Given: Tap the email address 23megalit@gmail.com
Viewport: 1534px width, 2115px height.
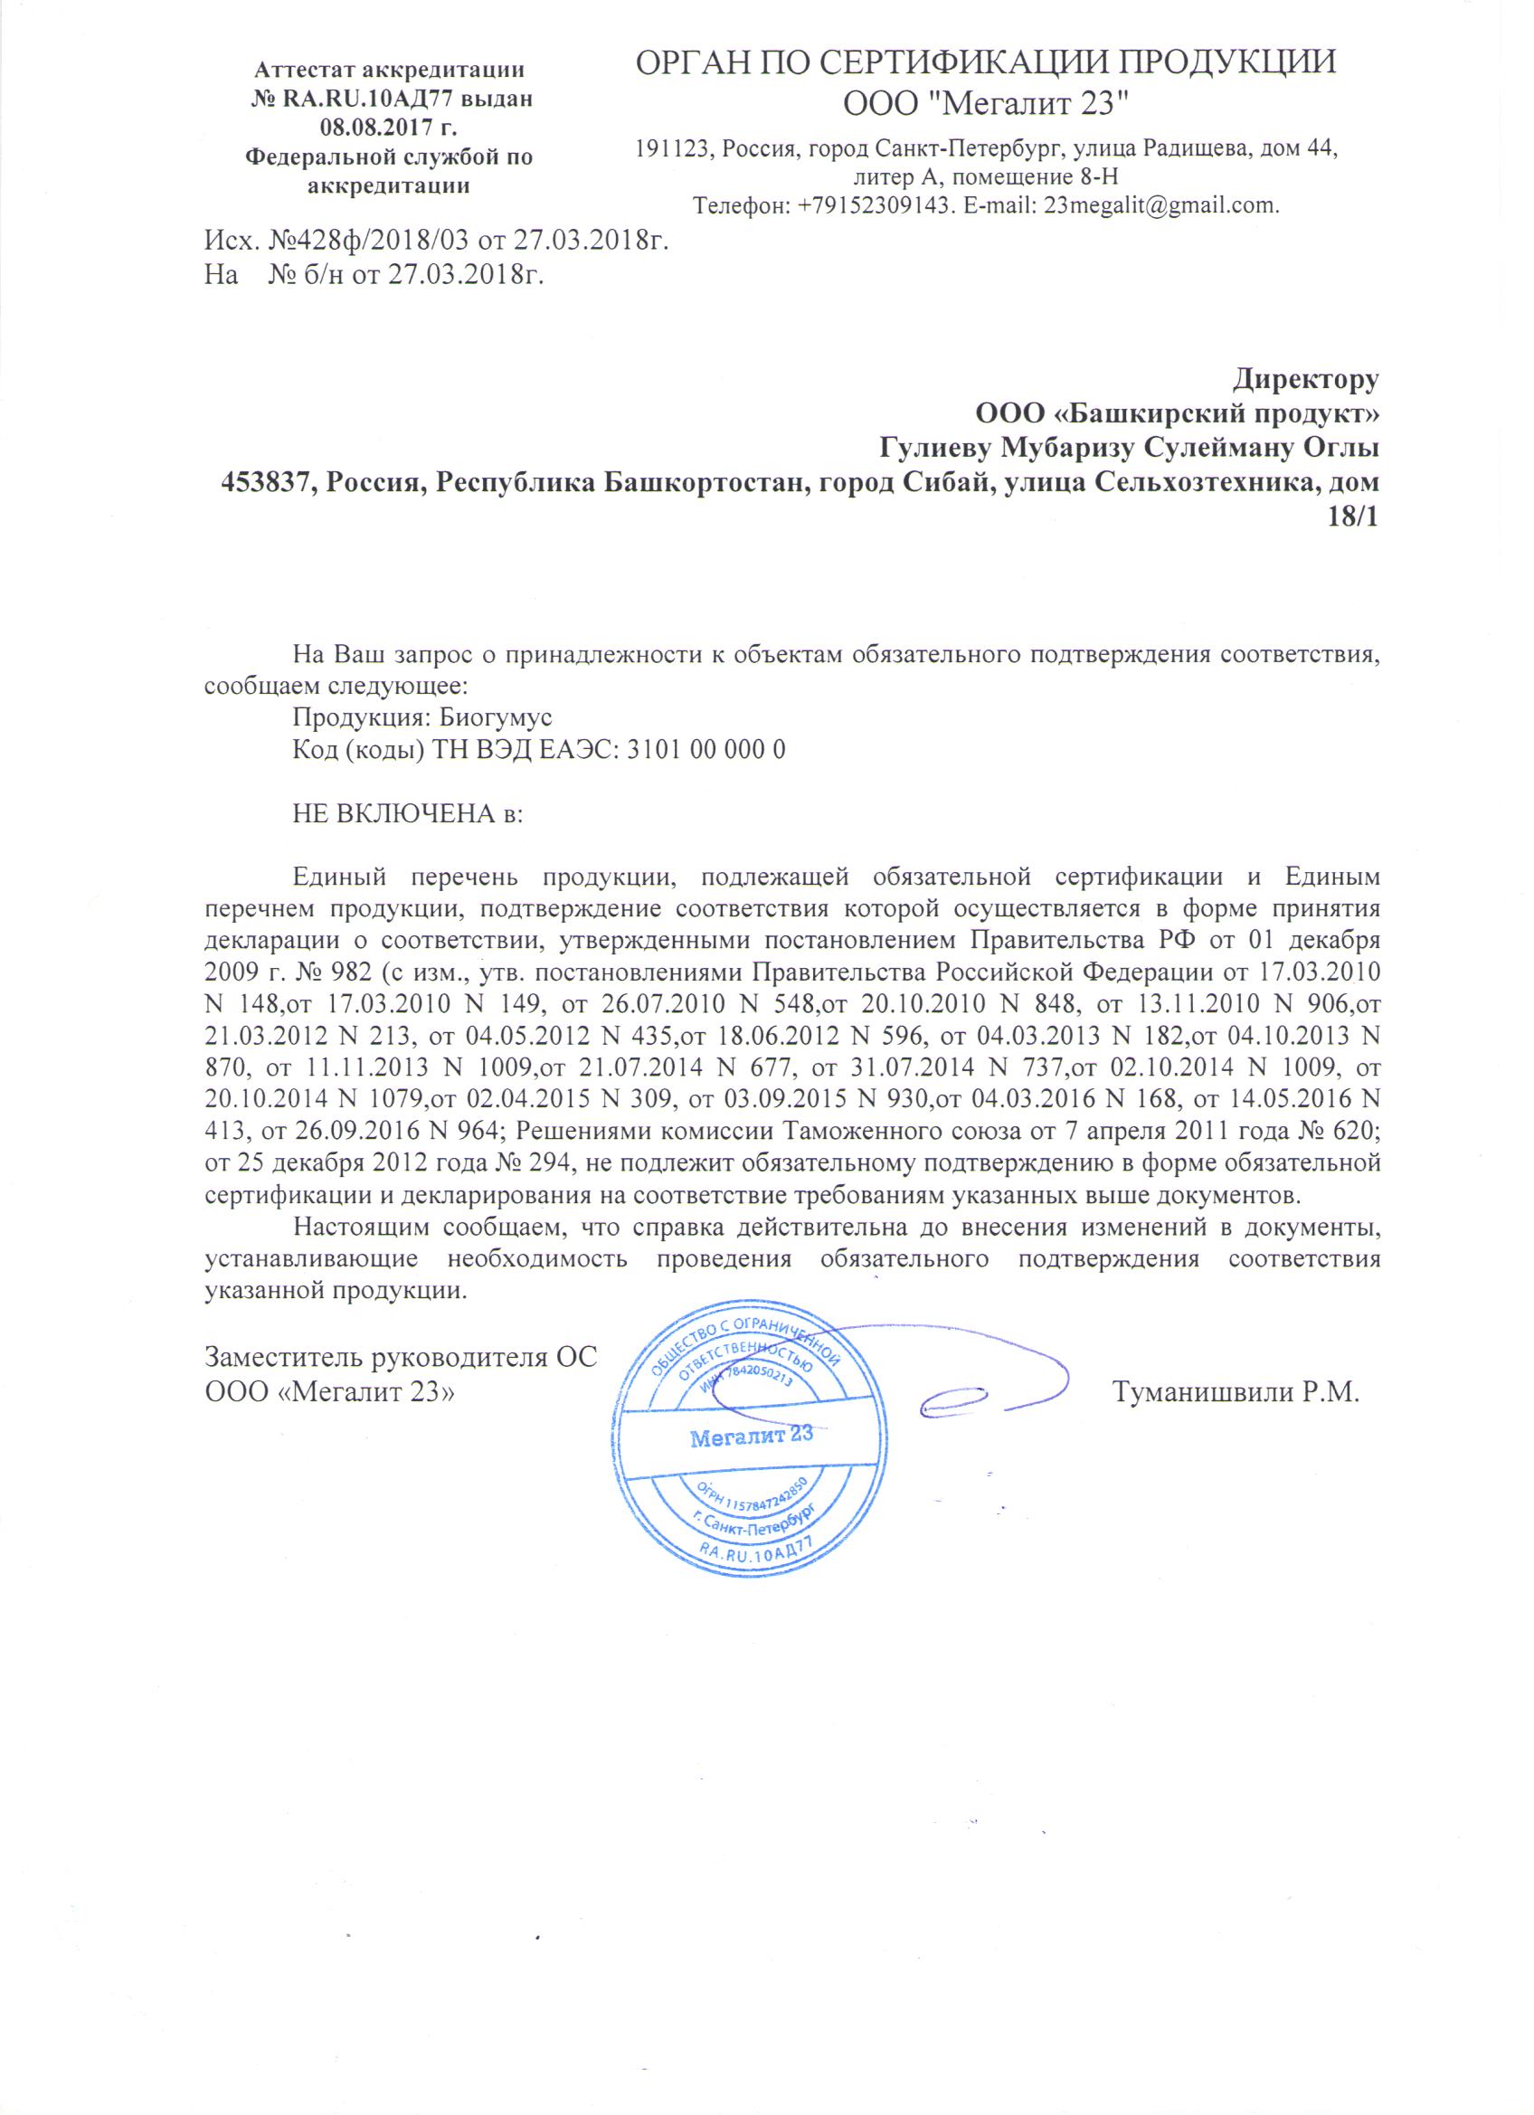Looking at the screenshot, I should coord(1161,206).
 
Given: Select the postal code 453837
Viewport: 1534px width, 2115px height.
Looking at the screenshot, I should coord(265,483).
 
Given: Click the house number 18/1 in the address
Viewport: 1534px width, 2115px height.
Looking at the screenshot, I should coord(1352,517).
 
